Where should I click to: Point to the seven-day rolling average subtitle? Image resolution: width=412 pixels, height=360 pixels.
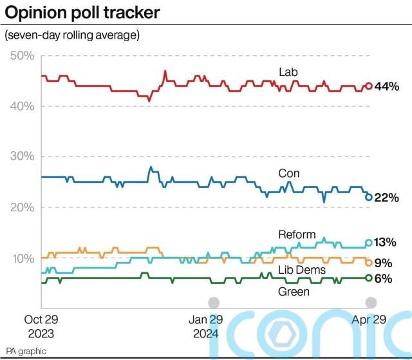(x=72, y=35)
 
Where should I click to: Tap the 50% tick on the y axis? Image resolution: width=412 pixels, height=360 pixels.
(x=23, y=56)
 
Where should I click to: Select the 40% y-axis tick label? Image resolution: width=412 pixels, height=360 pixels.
(x=23, y=106)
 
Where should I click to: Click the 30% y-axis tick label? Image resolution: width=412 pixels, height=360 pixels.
(x=23, y=156)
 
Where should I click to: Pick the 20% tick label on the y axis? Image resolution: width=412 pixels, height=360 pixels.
(x=23, y=207)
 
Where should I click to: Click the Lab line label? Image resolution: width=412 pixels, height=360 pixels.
(x=287, y=71)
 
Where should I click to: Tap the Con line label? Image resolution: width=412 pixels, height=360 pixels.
(x=289, y=173)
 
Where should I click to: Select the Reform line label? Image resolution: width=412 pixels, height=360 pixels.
(x=297, y=234)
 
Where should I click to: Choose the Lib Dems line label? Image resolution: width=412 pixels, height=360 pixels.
(x=302, y=270)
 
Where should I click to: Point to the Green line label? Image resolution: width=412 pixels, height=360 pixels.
(x=294, y=292)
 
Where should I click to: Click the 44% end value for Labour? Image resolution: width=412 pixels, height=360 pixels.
(x=388, y=86)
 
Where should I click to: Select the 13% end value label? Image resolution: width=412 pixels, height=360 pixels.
(x=388, y=243)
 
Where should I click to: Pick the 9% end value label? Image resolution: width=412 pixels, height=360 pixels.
(x=385, y=263)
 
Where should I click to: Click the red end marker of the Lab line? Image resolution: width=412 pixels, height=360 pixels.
(x=369, y=86)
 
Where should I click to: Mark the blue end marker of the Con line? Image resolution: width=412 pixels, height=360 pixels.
(x=369, y=197)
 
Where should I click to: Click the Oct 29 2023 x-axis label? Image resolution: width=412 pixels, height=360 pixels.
(x=41, y=326)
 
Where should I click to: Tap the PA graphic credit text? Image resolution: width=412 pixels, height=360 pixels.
(x=26, y=351)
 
